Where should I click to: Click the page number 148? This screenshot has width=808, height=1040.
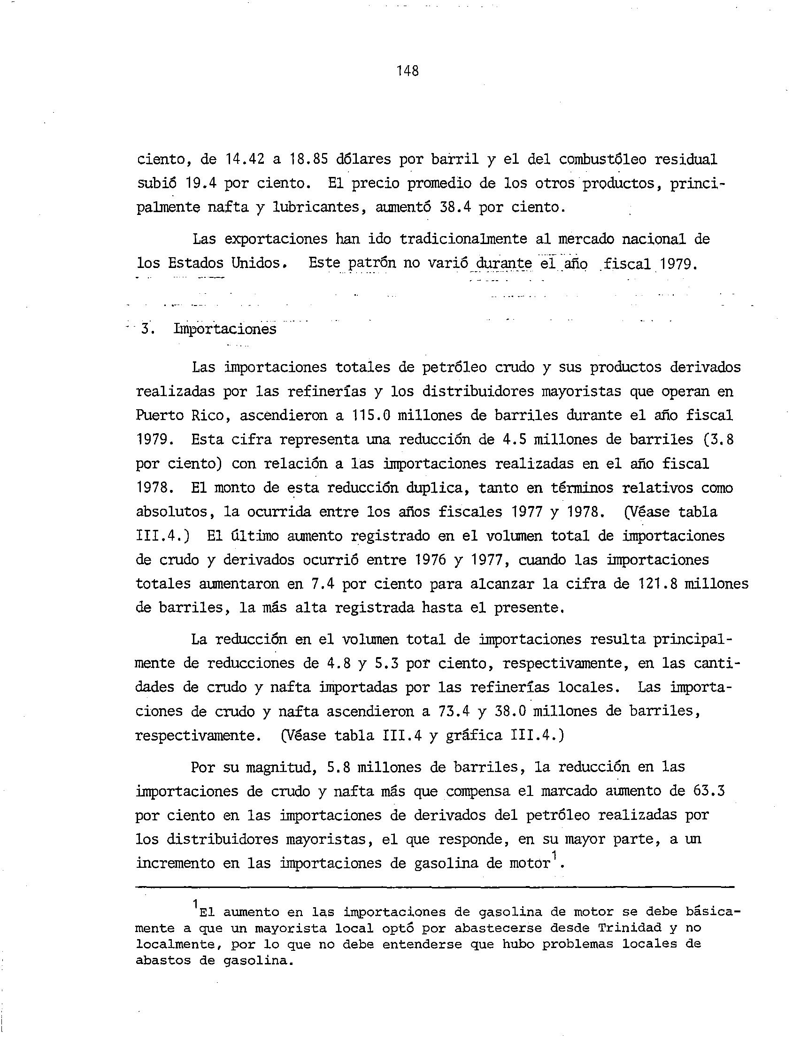tap(408, 71)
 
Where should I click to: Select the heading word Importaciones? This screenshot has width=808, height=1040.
tap(225, 329)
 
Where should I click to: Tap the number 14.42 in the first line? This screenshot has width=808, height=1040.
tap(245, 160)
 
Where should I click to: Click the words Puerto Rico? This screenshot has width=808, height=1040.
tap(180, 415)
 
